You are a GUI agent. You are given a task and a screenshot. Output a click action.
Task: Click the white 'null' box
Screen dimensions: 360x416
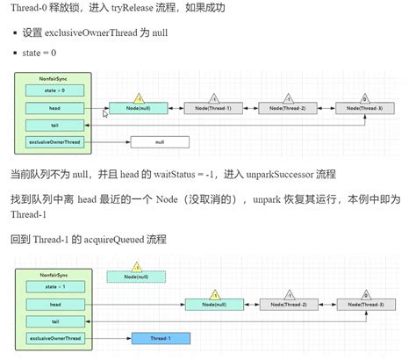coord(159,140)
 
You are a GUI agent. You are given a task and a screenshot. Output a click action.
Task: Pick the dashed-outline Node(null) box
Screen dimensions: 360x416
coord(137,277)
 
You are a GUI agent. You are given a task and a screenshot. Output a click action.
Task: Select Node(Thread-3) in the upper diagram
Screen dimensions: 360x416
coord(365,108)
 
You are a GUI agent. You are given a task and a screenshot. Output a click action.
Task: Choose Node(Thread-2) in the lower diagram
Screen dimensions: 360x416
coord(289,305)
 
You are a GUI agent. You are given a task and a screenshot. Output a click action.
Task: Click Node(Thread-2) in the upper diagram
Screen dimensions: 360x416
coord(288,108)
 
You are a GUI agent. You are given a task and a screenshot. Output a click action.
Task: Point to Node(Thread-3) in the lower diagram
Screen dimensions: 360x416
coord(365,305)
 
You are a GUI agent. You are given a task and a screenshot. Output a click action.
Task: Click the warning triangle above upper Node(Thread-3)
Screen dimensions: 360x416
coord(365,97)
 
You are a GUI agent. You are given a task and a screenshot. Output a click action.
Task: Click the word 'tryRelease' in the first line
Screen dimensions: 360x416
coord(137,8)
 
